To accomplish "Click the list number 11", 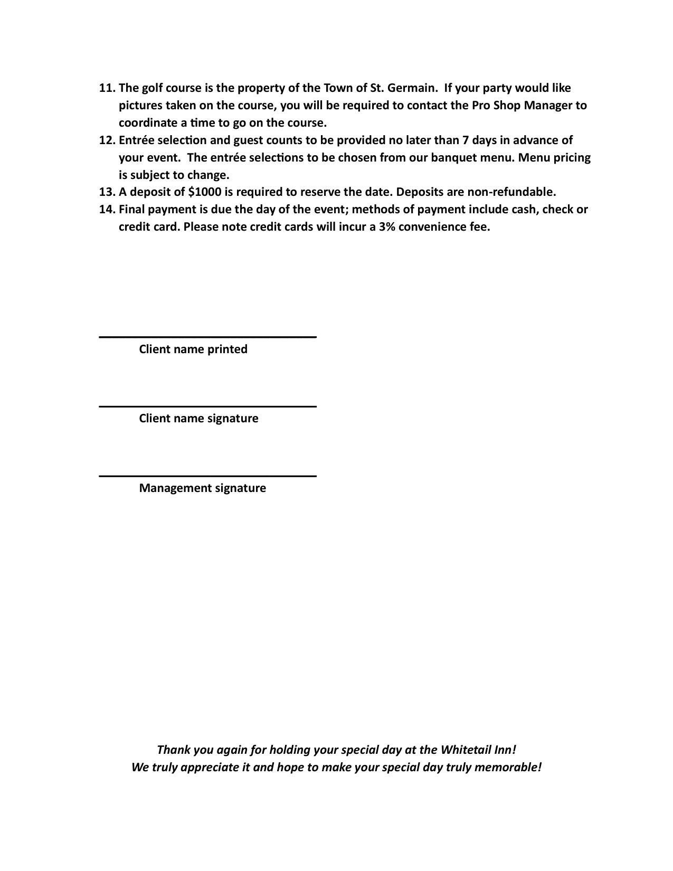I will click(x=107, y=88).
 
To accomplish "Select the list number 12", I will click(x=107, y=140).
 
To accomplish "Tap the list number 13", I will click(x=107, y=192).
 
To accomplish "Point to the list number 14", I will click(x=107, y=210).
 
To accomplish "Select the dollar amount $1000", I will click(x=204, y=192).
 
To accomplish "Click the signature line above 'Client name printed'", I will click(x=207, y=336).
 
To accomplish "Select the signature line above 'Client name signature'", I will click(x=207, y=406).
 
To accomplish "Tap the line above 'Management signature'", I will click(x=207, y=476).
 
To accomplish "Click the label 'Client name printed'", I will click(x=193, y=349).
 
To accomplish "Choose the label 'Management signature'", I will click(x=202, y=488).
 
